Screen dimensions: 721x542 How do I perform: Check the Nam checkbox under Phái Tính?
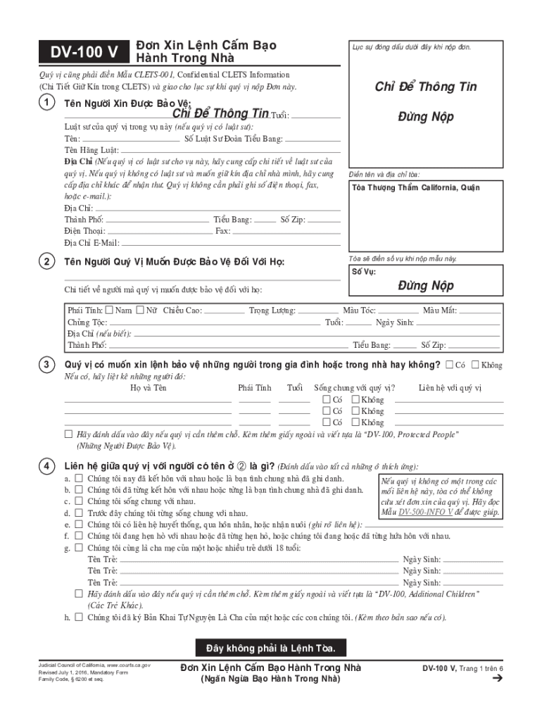click(x=110, y=310)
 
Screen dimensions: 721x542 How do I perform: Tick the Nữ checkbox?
click(x=140, y=310)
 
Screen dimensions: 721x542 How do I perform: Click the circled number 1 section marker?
click(x=46, y=103)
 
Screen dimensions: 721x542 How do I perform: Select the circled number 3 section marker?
click(x=46, y=365)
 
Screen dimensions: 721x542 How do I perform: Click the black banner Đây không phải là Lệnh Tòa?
click(x=270, y=647)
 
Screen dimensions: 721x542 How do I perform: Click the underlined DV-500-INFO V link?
click(x=426, y=512)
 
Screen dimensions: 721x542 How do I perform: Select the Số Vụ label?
click(x=364, y=271)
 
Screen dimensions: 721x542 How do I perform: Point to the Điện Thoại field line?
click(x=159, y=231)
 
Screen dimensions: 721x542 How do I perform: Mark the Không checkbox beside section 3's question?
click(x=475, y=365)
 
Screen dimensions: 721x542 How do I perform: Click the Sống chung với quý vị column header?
click(x=354, y=388)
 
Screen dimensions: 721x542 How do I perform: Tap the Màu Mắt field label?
click(x=440, y=311)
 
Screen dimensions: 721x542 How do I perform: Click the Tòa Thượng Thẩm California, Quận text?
click(x=416, y=187)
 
